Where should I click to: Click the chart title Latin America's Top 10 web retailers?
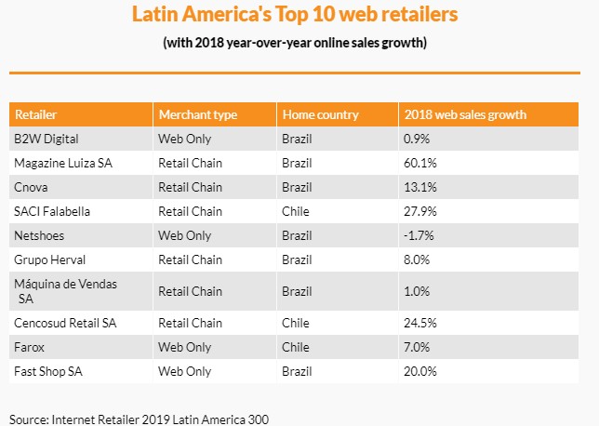[x=295, y=16]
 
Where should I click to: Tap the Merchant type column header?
[x=197, y=115]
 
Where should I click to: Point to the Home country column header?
[x=319, y=115]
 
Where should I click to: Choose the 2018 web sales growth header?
[x=465, y=115]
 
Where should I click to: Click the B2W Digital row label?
[x=46, y=140]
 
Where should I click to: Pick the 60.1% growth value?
[x=420, y=163]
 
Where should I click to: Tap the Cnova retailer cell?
[x=32, y=187]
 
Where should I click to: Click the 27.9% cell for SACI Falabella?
[x=420, y=211]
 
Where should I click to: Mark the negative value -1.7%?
[x=419, y=235]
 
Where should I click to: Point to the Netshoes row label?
[x=40, y=235]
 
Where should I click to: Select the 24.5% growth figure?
[x=420, y=323]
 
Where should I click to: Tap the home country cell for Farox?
[x=295, y=347]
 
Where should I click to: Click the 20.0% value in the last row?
[x=420, y=371]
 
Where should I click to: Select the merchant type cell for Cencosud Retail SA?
[x=190, y=323]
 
